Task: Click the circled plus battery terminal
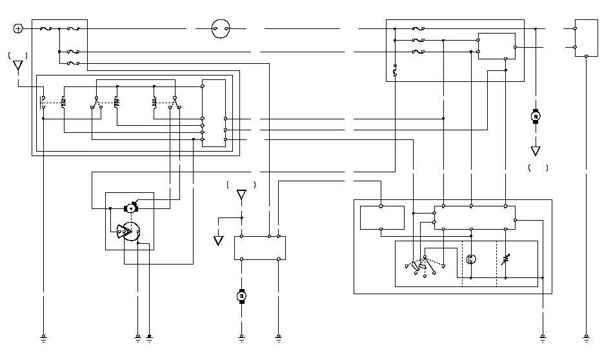pos(18,28)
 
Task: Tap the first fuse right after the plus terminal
pos(45,29)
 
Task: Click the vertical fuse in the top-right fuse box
pos(394,70)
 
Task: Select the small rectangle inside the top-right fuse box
pos(496,46)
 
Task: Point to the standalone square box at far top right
pos(586,38)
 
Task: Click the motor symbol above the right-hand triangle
pos(535,117)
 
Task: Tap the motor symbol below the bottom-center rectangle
pos(242,296)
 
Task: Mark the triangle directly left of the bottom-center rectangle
pos(218,241)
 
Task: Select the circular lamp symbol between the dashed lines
pos(471,259)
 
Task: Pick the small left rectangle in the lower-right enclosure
pos(382,218)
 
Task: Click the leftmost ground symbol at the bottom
pos(43,337)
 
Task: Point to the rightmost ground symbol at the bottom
pos(586,337)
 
